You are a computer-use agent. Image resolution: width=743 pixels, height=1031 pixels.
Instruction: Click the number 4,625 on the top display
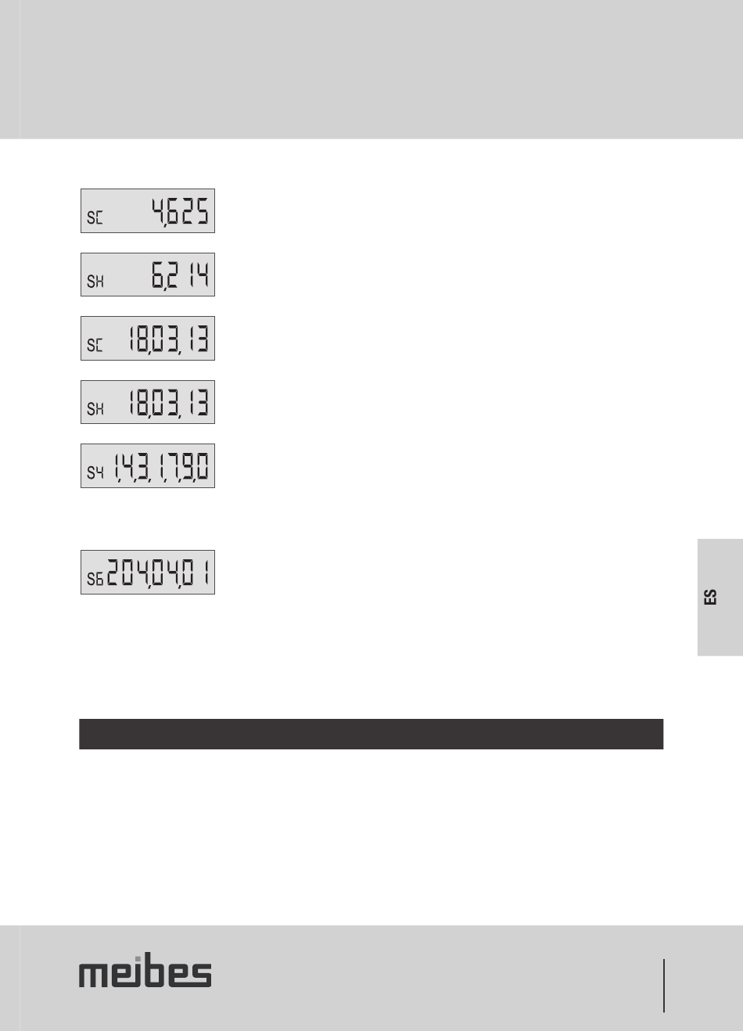[x=180, y=212]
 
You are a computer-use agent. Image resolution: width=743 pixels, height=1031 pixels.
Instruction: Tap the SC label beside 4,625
[x=95, y=217]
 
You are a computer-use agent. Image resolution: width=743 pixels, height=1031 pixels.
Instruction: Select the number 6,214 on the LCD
[x=180, y=275]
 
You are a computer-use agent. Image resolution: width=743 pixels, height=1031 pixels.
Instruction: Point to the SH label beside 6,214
[x=95, y=282]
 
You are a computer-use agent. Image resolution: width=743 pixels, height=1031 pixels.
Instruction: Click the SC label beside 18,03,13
[x=95, y=345]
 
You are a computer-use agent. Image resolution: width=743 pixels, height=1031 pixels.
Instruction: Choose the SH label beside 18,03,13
[x=95, y=408]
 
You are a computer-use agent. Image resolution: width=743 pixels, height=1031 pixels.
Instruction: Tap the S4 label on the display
[x=95, y=472]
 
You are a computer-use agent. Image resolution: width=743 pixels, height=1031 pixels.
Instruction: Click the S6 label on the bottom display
[x=95, y=579]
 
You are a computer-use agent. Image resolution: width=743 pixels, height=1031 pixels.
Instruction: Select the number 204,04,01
[x=158, y=573]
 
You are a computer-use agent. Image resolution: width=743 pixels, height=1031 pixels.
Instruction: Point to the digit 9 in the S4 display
[x=188, y=466]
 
